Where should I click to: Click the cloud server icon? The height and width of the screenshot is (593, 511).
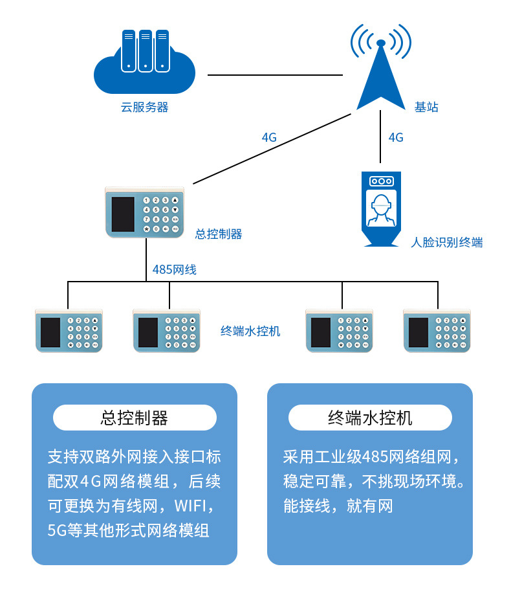point(144,62)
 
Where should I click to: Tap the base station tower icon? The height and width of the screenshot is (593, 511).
point(380,68)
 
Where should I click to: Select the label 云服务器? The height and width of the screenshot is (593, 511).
point(144,107)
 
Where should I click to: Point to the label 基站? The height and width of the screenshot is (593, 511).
point(426,107)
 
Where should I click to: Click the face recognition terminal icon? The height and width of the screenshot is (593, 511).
point(381,209)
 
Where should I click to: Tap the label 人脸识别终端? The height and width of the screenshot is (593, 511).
point(447,242)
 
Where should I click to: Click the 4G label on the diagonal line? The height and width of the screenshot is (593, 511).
point(269,137)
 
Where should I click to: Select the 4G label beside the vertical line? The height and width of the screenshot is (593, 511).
point(396,137)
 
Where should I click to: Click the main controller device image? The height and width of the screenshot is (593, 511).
point(144,212)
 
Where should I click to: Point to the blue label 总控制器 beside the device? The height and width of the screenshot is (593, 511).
point(219,234)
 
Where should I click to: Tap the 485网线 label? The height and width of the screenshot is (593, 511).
point(174,270)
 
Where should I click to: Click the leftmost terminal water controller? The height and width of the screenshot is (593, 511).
point(69,331)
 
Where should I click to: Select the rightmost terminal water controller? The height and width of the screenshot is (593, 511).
point(437,331)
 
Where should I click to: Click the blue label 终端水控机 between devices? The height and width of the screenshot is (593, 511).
point(250,331)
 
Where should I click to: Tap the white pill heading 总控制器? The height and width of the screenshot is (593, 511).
point(135,418)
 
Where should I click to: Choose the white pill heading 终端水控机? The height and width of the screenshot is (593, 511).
point(370,418)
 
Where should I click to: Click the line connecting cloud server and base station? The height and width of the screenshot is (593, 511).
point(275,75)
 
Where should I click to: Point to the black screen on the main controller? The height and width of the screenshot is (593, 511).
point(123,214)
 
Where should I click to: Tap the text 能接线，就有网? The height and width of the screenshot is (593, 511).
point(338,506)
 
